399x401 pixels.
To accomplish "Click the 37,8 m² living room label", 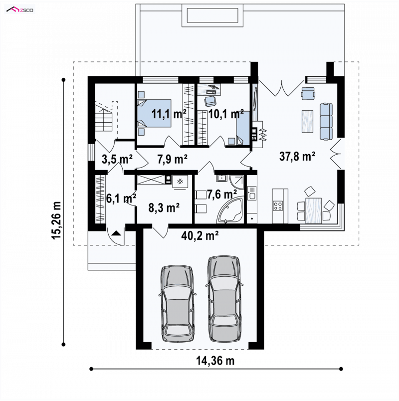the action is pyautogui.click(x=297, y=156).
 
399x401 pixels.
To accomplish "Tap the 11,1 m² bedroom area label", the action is pyautogui.click(x=169, y=114).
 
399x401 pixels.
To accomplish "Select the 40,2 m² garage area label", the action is pyautogui.click(x=200, y=235).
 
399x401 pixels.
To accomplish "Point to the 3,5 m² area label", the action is pyautogui.click(x=117, y=159).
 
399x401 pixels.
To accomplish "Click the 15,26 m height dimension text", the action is pyautogui.click(x=56, y=220).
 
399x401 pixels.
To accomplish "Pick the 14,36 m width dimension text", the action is pyautogui.click(x=215, y=361).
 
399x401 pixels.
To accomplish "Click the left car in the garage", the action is pyautogui.click(x=178, y=304).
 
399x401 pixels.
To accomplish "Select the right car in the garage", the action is pyautogui.click(x=224, y=299).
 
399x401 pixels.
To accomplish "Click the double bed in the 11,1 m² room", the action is pyautogui.click(x=154, y=113).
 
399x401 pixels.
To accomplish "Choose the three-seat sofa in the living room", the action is pyautogui.click(x=326, y=122).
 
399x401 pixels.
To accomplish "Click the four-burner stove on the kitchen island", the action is pyautogui.click(x=278, y=206).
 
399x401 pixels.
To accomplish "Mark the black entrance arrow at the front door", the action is pyautogui.click(x=116, y=233).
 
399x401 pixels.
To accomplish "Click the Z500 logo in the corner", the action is pyautogui.click(x=19, y=10).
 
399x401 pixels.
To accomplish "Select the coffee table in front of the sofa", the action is pyautogui.click(x=307, y=121).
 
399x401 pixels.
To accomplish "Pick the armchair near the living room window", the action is pyautogui.click(x=308, y=93).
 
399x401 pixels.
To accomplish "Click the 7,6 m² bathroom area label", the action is pyautogui.click(x=222, y=195).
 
